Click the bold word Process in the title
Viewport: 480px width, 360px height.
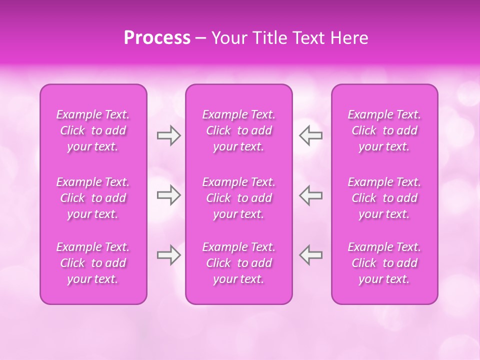click(x=157, y=38)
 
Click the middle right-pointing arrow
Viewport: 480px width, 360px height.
click(x=168, y=195)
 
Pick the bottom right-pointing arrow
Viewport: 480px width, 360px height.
click(x=168, y=254)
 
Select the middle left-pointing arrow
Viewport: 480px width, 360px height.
click(x=311, y=195)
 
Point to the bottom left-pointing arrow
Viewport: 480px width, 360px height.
click(x=311, y=254)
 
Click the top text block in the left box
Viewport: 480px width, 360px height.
click(x=93, y=130)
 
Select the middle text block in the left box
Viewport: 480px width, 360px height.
click(x=93, y=198)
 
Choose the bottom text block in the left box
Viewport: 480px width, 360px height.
click(x=93, y=263)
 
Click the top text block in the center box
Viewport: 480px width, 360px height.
click(x=239, y=130)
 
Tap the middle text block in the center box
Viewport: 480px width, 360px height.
click(x=239, y=198)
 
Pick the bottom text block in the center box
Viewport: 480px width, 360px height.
click(x=239, y=263)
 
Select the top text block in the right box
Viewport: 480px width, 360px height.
click(x=384, y=130)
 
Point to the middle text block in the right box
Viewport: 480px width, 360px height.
click(x=384, y=198)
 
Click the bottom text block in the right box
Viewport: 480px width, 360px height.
click(x=384, y=263)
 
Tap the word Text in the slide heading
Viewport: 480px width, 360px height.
click(x=309, y=38)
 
